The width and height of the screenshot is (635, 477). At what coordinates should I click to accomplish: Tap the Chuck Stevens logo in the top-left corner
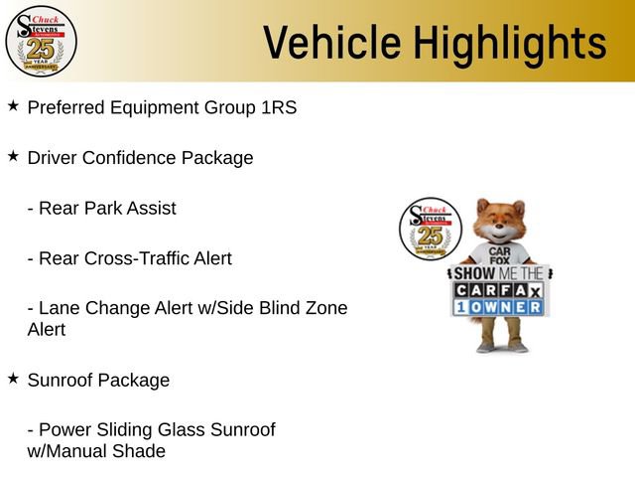pyautogui.click(x=41, y=40)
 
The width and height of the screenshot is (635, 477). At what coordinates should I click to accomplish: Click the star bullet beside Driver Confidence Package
pyautogui.click(x=13, y=156)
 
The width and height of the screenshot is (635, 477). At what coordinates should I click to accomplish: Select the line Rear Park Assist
pyautogui.click(x=101, y=209)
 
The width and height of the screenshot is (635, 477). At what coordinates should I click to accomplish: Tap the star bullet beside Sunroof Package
pyautogui.click(x=13, y=379)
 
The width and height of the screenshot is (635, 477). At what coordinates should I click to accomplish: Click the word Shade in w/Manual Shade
pyautogui.click(x=140, y=451)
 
